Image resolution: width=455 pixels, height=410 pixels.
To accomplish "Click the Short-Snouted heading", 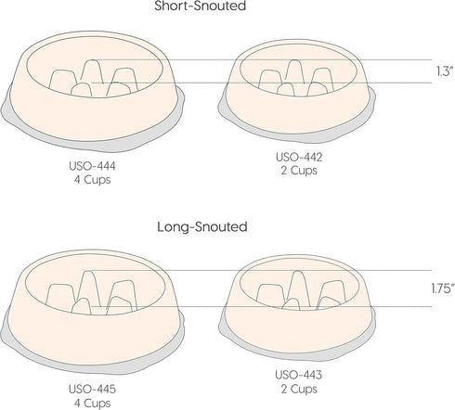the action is [200, 6].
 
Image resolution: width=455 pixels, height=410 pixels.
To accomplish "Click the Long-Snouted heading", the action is [202, 226].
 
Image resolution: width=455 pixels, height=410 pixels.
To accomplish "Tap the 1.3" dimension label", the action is [445, 71].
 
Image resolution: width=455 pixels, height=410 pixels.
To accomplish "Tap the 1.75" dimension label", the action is [443, 288].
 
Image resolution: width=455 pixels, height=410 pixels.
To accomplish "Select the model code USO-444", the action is [92, 166].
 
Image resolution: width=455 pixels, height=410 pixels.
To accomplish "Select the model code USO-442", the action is [299, 157].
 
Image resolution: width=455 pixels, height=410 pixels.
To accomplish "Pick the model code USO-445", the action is [92, 389].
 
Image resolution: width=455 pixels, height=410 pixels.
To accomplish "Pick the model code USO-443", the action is [299, 375].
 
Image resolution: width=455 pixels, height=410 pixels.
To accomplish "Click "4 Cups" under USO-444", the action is [92, 180].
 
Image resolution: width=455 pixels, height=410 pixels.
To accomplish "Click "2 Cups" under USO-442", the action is [299, 171].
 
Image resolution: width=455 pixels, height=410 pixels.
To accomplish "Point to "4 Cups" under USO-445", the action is [92, 403].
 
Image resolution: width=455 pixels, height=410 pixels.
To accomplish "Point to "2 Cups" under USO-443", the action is [299, 389].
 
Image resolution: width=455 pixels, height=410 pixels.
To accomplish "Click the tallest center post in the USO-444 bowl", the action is [91, 71].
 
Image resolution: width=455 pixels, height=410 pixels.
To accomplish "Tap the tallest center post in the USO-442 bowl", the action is [294, 71].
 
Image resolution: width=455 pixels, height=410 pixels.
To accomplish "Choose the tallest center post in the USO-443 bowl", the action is [297, 286].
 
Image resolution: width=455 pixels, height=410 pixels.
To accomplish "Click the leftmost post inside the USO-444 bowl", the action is [62, 80].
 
